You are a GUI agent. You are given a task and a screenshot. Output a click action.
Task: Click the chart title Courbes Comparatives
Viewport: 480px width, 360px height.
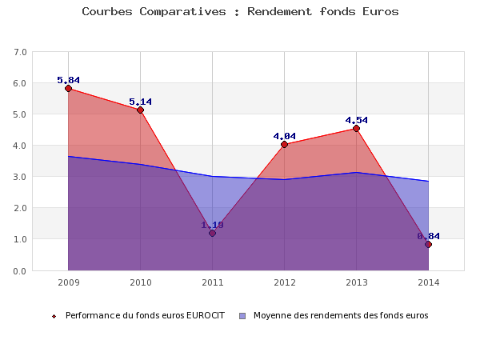[x=240, y=12]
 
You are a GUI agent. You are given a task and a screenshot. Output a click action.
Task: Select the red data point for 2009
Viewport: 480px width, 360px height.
[x=68, y=88]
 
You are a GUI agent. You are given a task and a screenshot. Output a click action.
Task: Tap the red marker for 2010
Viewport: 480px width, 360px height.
[x=140, y=110]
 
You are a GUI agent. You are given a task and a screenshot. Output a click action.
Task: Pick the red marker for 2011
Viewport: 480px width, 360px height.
[x=212, y=233]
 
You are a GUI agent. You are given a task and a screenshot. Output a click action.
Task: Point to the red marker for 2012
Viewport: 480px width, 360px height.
[x=284, y=144]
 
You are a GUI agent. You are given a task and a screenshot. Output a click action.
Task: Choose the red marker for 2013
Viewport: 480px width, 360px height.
[x=356, y=128]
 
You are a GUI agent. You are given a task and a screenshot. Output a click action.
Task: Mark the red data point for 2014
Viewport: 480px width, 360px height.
[x=428, y=244]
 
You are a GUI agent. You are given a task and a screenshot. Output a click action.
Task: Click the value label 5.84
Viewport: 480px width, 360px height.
[x=68, y=80]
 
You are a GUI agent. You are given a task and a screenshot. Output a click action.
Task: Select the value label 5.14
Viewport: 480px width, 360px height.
[x=140, y=102]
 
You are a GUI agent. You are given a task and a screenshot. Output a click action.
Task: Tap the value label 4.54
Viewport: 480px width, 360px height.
[x=356, y=120]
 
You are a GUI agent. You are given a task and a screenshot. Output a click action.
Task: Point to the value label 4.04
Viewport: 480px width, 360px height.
[x=284, y=136]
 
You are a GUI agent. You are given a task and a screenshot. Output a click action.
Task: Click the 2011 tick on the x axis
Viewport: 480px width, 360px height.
[x=212, y=282]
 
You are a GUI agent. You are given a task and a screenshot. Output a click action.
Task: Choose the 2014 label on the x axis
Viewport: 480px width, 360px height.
[x=428, y=282]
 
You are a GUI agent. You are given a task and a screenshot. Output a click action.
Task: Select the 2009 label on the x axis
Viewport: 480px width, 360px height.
[x=68, y=282]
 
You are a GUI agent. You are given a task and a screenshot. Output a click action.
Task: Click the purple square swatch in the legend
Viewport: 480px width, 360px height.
[x=242, y=316]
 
